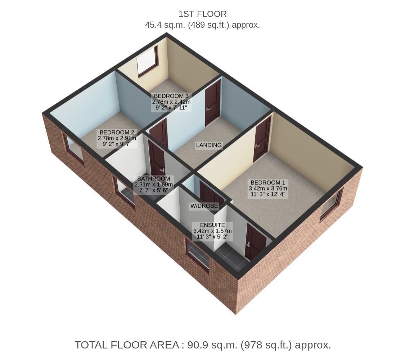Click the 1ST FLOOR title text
(x=202, y=14)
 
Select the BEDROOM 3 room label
(x=171, y=96)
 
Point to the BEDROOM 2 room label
(x=117, y=132)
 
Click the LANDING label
(x=209, y=145)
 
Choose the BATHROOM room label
(x=153, y=179)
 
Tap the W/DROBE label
(x=204, y=206)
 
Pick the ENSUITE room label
(x=212, y=225)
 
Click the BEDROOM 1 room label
(x=268, y=183)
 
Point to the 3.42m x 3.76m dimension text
(x=268, y=189)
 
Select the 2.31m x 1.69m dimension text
(x=153, y=185)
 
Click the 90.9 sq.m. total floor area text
(x=203, y=345)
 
